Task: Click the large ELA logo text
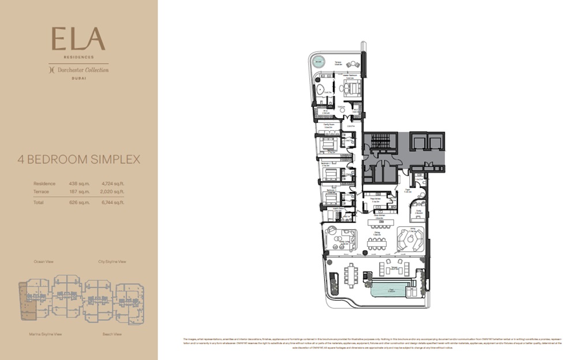coord(78,39)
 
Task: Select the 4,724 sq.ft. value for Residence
coord(113,183)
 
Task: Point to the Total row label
coord(39,202)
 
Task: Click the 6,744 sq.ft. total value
coord(113,202)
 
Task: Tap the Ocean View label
coord(44,261)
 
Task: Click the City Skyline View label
coord(112,261)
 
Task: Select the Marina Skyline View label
coord(46,333)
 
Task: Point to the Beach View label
coord(112,333)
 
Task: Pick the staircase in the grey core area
coord(381,141)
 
